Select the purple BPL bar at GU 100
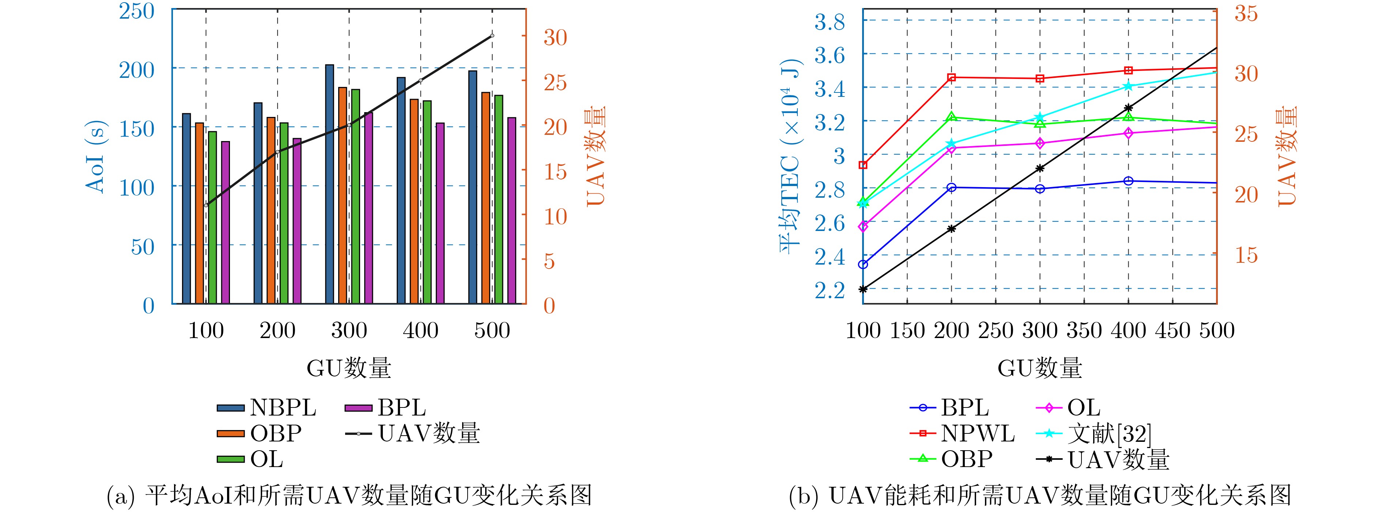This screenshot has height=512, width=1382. tap(225, 223)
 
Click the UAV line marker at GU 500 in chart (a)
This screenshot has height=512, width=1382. tap(492, 36)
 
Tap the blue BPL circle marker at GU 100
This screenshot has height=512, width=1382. tap(863, 264)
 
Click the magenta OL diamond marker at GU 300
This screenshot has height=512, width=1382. tap(1040, 143)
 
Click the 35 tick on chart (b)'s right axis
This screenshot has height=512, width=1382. tap(1246, 14)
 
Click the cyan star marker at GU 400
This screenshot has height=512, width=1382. tap(1128, 86)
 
